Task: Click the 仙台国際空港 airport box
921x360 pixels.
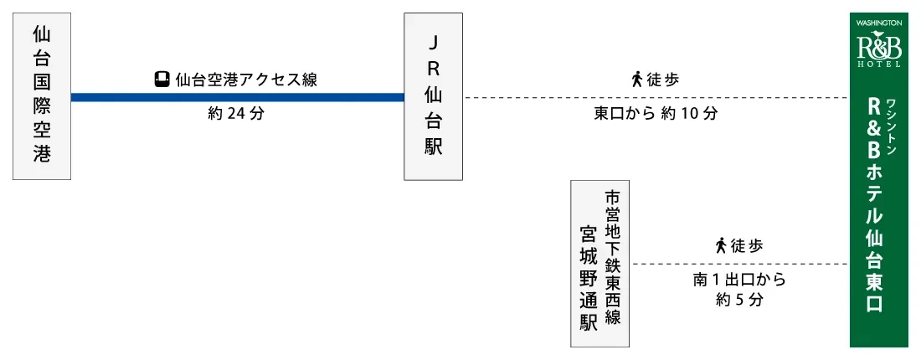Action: (x=42, y=96)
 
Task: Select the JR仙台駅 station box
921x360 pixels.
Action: (x=433, y=96)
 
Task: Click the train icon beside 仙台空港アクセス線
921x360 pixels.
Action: (x=162, y=80)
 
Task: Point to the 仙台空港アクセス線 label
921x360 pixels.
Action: (x=245, y=80)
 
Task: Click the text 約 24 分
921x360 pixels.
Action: (x=235, y=114)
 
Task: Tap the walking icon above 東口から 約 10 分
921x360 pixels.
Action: (x=636, y=80)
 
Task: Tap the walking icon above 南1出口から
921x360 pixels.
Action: (x=720, y=245)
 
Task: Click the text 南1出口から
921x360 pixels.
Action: (x=739, y=280)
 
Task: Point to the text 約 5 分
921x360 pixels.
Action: (x=739, y=300)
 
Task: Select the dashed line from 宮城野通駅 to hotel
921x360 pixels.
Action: (x=740, y=264)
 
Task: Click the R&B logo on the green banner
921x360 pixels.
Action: (x=878, y=47)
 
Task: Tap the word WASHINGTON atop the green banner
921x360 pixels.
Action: (x=878, y=23)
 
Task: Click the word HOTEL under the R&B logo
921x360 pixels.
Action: (x=878, y=64)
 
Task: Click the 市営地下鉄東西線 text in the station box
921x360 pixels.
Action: (x=613, y=257)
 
